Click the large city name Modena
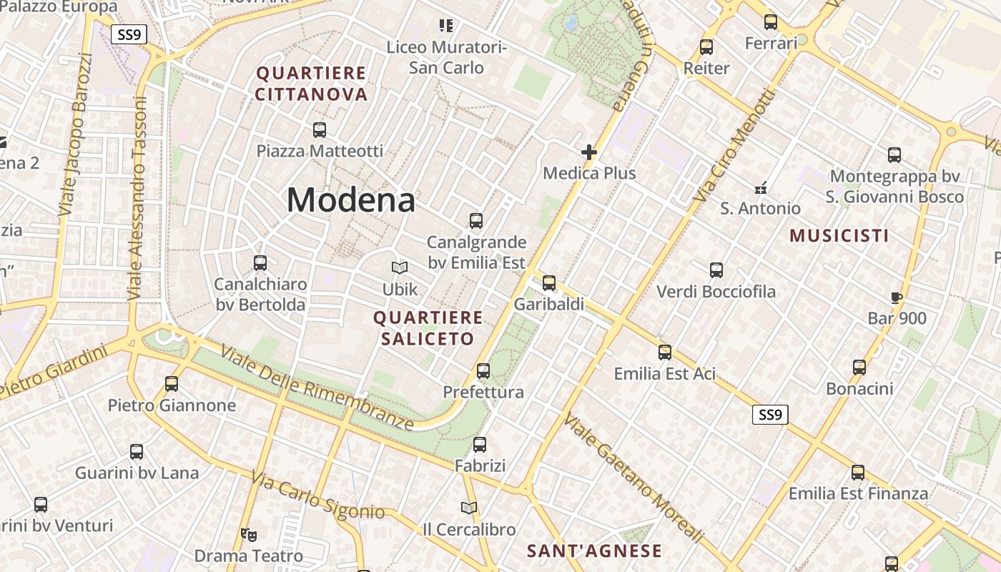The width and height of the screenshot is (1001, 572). point(350,199)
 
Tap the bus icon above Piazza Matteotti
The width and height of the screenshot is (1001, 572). point(320,130)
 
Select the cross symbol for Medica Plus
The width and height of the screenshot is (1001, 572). point(589,152)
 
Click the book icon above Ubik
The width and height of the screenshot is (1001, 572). point(400,268)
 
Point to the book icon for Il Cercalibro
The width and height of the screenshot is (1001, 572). point(469,508)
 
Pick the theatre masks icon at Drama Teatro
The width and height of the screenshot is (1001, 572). point(249,534)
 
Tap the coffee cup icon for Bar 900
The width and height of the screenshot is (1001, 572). point(897,298)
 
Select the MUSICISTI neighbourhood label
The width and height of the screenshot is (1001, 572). point(839,235)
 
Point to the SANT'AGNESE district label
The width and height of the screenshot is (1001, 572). point(594,551)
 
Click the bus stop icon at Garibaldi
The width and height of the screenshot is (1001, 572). point(549,283)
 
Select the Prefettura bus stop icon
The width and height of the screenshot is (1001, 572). point(483,371)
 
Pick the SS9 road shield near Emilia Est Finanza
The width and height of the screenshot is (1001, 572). point(770,415)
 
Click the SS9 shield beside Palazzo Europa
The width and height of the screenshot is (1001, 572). point(129,34)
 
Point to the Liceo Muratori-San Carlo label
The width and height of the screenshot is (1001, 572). point(446,57)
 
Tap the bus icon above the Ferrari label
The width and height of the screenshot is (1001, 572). point(771,22)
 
